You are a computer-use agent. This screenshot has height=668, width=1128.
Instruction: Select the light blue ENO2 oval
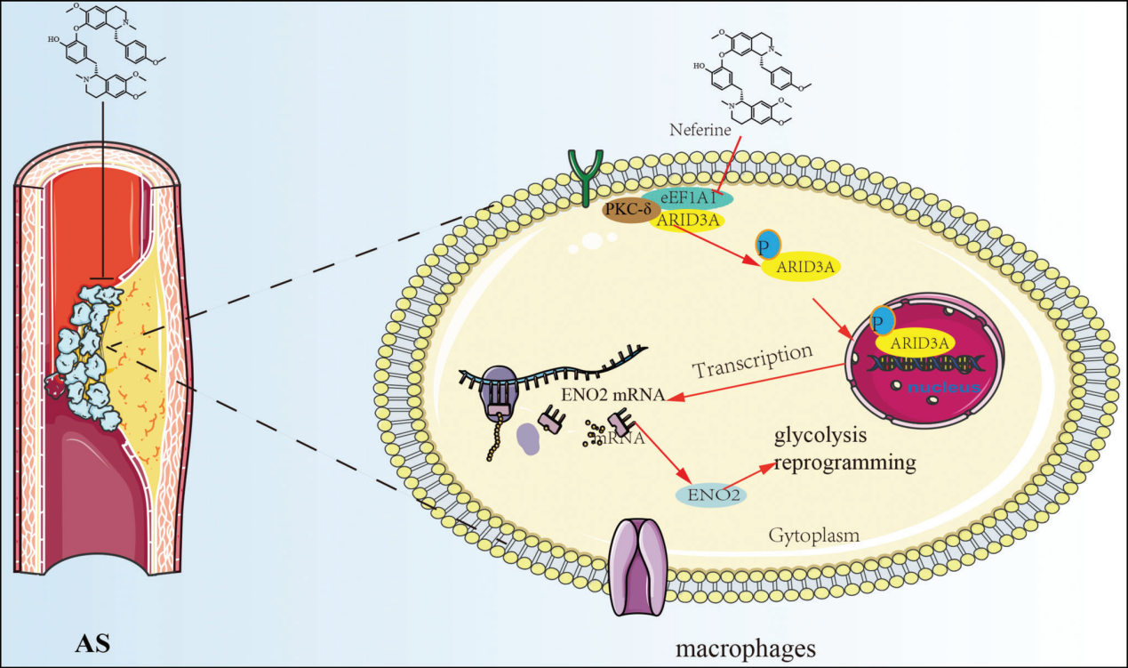711,494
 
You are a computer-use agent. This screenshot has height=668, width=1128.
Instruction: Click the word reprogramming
844,463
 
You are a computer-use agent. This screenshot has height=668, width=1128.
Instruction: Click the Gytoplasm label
807,535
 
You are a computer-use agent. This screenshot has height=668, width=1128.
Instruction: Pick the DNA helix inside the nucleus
924,365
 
